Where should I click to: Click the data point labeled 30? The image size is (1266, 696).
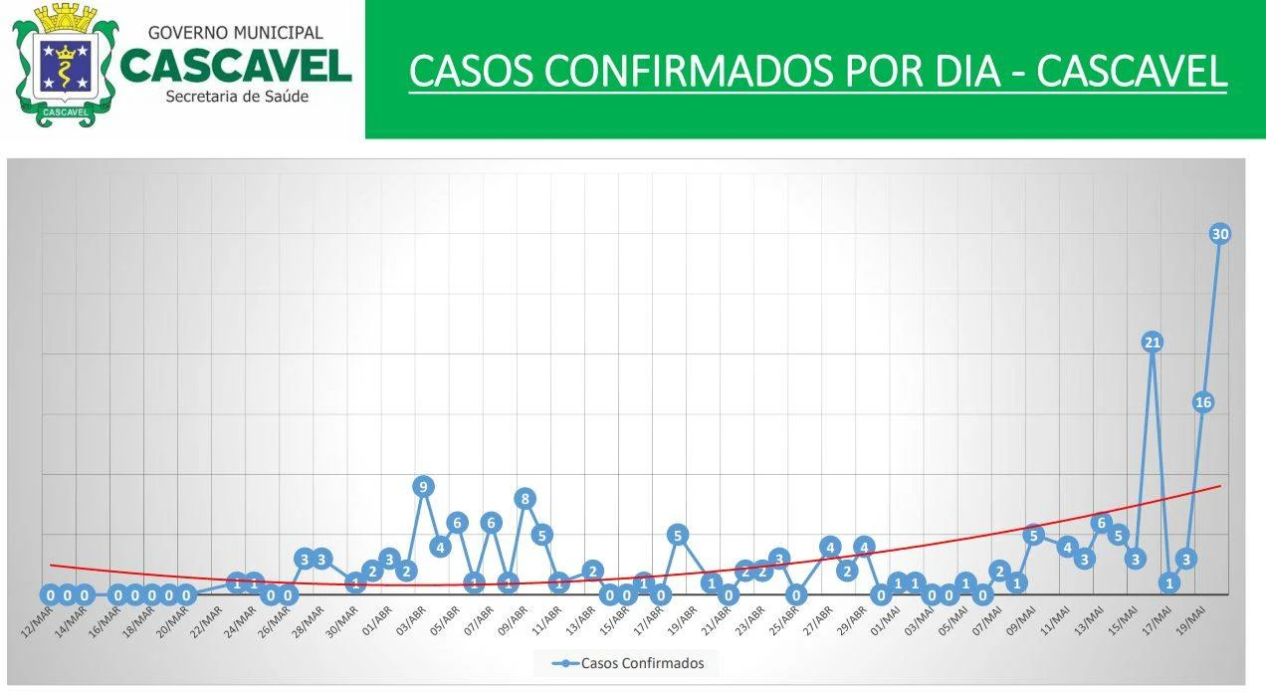tap(1220, 234)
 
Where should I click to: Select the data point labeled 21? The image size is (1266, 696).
tap(1153, 343)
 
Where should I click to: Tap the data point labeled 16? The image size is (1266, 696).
tap(1203, 402)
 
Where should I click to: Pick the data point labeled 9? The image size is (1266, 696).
tap(423, 487)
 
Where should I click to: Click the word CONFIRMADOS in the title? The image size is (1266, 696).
tap(683, 72)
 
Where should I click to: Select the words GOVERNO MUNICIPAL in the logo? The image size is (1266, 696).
tap(235, 33)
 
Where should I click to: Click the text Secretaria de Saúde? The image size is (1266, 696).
tap(237, 97)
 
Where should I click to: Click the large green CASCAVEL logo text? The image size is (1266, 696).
tap(236, 66)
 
